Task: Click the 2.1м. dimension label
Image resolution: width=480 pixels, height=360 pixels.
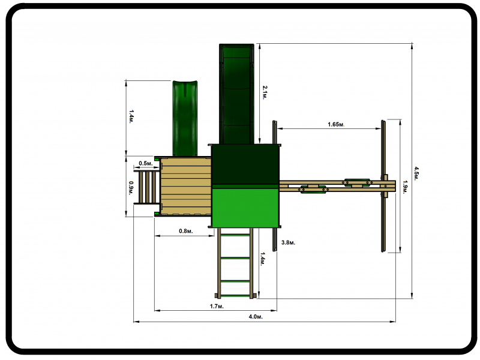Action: (265, 92)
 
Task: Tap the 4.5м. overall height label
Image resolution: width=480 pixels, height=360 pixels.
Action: (416, 173)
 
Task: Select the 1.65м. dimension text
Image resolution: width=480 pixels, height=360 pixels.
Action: (336, 124)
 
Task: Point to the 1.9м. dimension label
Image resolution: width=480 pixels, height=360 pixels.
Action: (405, 187)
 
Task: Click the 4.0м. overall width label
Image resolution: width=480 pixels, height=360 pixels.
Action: (256, 317)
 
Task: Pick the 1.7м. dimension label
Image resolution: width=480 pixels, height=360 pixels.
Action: (217, 306)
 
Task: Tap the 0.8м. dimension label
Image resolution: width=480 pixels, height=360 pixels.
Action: (186, 231)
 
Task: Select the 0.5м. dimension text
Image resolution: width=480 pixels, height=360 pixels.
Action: (146, 163)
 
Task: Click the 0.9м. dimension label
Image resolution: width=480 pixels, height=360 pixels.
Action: (131, 188)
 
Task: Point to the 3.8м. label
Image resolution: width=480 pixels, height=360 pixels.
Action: (289, 242)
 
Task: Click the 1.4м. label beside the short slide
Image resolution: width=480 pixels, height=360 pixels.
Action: (131, 116)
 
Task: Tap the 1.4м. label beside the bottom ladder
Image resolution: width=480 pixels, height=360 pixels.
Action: (263, 259)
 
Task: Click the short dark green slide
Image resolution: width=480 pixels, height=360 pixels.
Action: (185, 118)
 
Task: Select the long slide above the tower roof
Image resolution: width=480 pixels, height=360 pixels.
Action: (236, 94)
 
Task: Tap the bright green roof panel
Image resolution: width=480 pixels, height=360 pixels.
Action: (245, 208)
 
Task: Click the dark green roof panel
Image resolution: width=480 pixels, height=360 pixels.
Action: (245, 164)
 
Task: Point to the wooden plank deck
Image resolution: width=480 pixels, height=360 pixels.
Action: (186, 187)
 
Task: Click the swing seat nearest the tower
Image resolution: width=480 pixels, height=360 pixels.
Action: (313, 189)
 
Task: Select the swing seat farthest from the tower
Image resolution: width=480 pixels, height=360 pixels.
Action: (358, 183)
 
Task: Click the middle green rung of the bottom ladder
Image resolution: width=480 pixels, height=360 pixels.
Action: (235, 258)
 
